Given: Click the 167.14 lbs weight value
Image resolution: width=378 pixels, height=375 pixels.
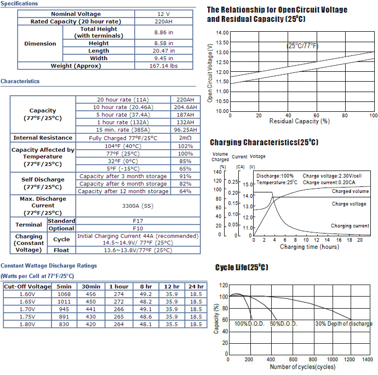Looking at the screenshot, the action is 163,66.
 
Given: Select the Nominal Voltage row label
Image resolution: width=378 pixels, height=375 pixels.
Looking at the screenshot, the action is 76,14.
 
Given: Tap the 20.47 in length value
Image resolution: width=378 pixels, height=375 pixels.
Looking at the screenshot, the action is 163,50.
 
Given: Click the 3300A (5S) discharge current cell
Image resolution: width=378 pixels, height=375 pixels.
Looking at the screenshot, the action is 138,206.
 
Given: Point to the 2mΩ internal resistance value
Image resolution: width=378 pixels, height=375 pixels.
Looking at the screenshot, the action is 185,138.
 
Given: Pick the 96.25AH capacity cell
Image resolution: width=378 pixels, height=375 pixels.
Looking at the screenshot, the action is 185,130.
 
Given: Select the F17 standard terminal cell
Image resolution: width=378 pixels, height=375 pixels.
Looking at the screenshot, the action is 138,221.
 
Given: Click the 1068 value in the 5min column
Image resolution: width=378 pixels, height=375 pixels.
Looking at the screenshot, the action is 64,294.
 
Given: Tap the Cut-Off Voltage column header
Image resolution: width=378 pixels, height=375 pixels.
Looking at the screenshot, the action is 27,286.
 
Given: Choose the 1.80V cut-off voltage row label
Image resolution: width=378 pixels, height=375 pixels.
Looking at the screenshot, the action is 27,325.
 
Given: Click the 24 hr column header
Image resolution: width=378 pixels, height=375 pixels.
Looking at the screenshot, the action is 196,286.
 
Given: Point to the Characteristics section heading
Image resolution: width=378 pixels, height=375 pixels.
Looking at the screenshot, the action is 20,81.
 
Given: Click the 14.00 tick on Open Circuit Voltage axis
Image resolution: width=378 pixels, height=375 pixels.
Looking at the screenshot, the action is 222,32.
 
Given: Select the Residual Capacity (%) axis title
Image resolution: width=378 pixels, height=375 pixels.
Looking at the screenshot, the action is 300,121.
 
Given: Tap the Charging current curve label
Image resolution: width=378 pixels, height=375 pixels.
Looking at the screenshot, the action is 350,226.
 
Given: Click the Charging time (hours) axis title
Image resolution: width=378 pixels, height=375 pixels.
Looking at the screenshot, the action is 310,247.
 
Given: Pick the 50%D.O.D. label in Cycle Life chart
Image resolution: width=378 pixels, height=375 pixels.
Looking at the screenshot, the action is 284,323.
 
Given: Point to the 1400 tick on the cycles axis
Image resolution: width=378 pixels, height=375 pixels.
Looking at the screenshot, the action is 368,359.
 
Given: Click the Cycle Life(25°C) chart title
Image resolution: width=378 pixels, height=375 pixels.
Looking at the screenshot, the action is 242,267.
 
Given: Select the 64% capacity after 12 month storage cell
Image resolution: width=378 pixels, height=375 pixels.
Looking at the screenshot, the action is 185,191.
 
